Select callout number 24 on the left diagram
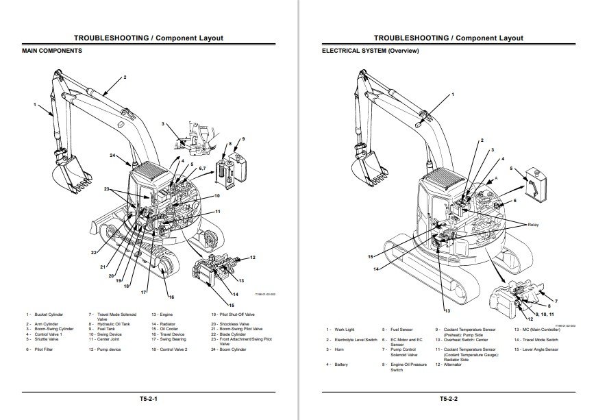[x=113, y=156]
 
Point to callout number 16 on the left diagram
[x=171, y=297]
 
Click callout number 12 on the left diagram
[x=253, y=257]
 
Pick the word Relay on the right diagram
[x=533, y=224]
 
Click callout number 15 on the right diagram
[x=371, y=257]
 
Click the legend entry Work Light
[x=346, y=330]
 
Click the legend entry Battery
[x=341, y=365]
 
